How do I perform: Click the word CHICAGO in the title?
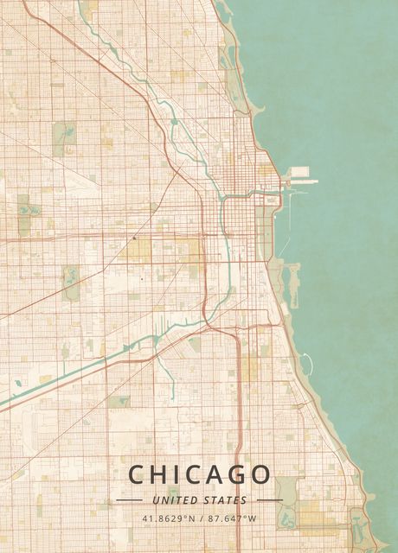(x=199, y=475)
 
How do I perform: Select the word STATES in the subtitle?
(x=225, y=500)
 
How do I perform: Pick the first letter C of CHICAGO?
(x=138, y=475)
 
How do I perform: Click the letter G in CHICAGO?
(x=235, y=475)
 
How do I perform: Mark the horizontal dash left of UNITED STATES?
(x=129, y=500)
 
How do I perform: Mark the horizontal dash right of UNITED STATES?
(x=269, y=500)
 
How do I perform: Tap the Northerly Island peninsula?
(x=292, y=285)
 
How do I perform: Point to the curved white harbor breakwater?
(x=305, y=362)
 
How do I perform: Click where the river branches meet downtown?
(x=222, y=200)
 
